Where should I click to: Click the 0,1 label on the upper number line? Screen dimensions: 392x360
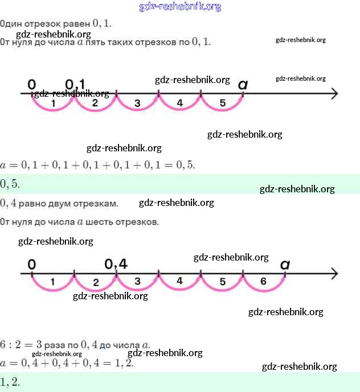(x=75, y=84)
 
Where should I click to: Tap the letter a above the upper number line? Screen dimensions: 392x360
(x=243, y=84)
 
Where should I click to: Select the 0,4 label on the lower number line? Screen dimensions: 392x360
(x=116, y=264)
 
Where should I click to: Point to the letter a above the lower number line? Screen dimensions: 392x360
(x=285, y=264)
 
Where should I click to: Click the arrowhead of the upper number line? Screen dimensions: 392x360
(x=334, y=94)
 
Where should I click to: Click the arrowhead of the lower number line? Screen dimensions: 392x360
(x=334, y=274)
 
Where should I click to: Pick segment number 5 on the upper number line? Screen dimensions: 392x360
(x=222, y=103)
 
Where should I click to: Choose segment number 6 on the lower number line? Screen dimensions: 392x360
(x=263, y=281)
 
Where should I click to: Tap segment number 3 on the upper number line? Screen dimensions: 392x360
(x=137, y=103)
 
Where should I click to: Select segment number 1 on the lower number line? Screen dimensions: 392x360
(x=52, y=281)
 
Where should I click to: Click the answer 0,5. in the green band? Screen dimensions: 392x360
(x=10, y=184)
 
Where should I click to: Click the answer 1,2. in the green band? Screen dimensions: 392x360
(x=10, y=382)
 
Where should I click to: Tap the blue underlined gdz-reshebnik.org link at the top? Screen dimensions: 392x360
(x=180, y=7)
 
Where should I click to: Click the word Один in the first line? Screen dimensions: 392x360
(x=10, y=24)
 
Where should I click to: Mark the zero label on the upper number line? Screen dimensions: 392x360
(x=31, y=84)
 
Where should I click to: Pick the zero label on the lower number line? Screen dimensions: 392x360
(x=31, y=264)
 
